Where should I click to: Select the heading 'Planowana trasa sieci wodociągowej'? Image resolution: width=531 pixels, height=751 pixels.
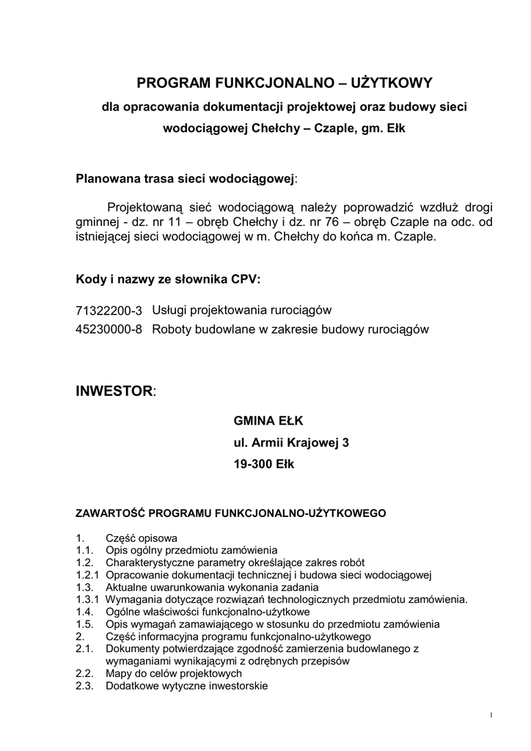pyautogui.click(x=186, y=178)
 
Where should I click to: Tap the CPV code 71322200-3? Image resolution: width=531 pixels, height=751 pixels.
pyautogui.click(x=109, y=311)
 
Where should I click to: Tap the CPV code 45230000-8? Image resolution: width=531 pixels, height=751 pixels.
pyautogui.click(x=109, y=329)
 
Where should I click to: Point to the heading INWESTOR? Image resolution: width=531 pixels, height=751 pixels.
pyautogui.click(x=114, y=390)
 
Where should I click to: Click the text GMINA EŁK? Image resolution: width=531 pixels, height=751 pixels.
pyautogui.click(x=268, y=422)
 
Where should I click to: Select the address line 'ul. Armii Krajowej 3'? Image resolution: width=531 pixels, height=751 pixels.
pyautogui.click(x=291, y=443)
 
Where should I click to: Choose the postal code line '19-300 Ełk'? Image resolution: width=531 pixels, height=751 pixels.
pyautogui.click(x=263, y=465)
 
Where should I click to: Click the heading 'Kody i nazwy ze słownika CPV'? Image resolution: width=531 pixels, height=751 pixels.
pyautogui.click(x=168, y=279)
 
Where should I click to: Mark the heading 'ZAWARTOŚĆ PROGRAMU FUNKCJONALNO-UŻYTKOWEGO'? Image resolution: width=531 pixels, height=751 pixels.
pyautogui.click(x=231, y=513)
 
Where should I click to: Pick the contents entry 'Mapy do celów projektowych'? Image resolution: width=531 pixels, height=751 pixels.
pyautogui.click(x=174, y=673)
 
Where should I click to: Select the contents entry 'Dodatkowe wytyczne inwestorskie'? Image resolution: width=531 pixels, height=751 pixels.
pyautogui.click(x=187, y=686)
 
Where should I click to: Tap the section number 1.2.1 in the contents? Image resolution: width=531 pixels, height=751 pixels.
pyautogui.click(x=87, y=574)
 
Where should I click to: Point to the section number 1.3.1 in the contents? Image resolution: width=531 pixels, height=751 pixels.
pyautogui.click(x=87, y=599)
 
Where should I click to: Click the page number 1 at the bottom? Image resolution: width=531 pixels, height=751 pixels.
pyautogui.click(x=490, y=715)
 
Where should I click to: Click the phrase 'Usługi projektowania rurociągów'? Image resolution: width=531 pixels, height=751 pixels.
pyautogui.click(x=242, y=311)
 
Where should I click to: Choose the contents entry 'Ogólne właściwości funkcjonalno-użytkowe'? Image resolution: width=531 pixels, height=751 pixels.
pyautogui.click(x=208, y=612)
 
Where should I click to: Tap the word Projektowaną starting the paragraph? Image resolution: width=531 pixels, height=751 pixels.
pyautogui.click(x=149, y=207)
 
